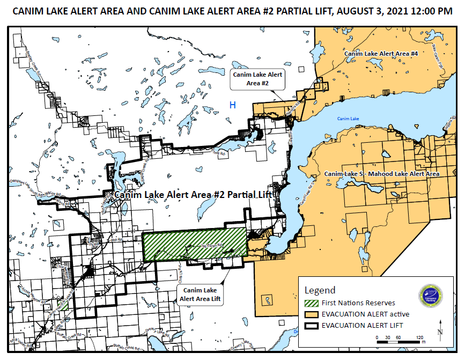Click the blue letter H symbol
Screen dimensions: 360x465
point(233,105)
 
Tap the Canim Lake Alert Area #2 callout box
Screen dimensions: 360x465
point(257,79)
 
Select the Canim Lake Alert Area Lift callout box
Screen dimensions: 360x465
point(200,295)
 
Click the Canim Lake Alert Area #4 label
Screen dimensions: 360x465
point(381,54)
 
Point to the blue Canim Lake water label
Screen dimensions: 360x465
point(348,119)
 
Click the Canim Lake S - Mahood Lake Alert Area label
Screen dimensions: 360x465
point(381,174)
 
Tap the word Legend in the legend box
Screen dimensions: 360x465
point(320,290)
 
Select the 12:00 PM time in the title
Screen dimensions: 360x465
point(432,11)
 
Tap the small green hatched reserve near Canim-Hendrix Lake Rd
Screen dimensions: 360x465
point(63,306)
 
